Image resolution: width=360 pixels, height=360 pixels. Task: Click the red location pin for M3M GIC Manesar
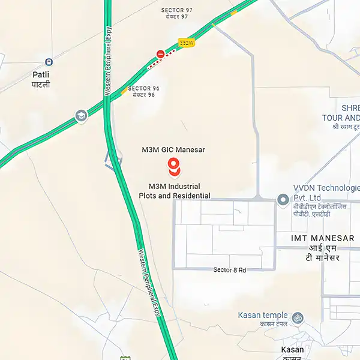(x=173, y=166)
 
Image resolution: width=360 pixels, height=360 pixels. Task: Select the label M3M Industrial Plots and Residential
(x=175, y=191)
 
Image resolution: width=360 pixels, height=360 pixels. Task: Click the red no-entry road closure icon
(x=160, y=54)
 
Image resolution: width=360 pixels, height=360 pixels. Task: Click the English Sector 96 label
(x=143, y=88)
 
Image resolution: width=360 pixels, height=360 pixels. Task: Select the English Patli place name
(x=41, y=75)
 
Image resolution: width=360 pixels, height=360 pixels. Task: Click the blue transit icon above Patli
(x=49, y=61)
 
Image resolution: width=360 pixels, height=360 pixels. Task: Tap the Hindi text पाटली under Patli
(x=41, y=85)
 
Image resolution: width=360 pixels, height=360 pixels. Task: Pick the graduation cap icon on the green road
(x=81, y=115)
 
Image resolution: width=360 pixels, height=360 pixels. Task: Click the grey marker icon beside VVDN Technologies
(x=282, y=199)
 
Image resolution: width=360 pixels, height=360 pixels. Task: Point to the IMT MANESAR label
(x=316, y=238)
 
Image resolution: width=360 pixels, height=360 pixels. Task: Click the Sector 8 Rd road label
(x=230, y=270)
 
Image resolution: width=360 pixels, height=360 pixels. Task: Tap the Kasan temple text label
(x=263, y=316)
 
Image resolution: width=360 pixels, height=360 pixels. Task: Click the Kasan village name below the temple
(x=292, y=349)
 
